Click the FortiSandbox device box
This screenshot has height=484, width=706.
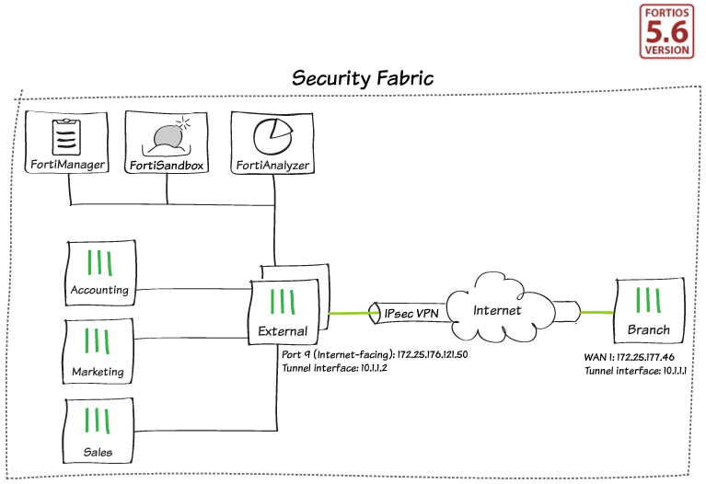tap(166, 144)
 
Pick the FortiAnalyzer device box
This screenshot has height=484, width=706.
tap(272, 144)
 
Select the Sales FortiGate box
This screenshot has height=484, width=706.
tap(98, 432)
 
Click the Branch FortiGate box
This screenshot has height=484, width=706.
tap(648, 309)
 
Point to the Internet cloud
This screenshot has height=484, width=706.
tap(497, 310)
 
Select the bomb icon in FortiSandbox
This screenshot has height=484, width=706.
tap(168, 135)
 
